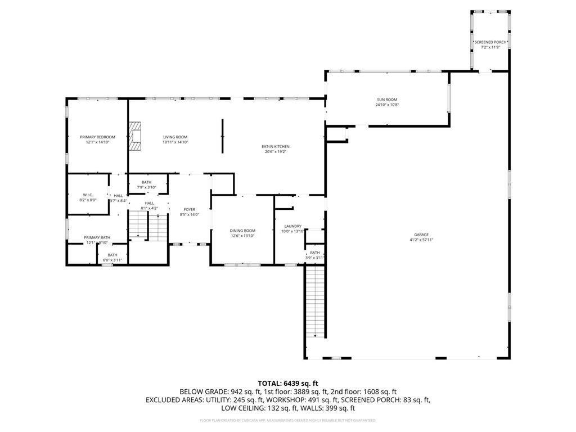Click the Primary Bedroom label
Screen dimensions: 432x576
[97, 137]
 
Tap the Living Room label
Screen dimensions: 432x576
[175, 137]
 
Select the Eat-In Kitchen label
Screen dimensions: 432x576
[275, 147]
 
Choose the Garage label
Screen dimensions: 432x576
[421, 235]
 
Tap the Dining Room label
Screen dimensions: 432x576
[242, 231]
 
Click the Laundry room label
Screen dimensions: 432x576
[292, 226]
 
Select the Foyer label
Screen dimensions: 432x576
[189, 210]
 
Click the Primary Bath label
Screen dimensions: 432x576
[97, 237]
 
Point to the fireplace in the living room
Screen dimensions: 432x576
[134, 137]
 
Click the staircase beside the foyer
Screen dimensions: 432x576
[148, 226]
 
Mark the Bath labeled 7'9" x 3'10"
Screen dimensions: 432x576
[146, 184]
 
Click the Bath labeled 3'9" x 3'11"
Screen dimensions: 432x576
[314, 255]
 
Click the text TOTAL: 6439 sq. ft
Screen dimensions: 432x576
[288, 383]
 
